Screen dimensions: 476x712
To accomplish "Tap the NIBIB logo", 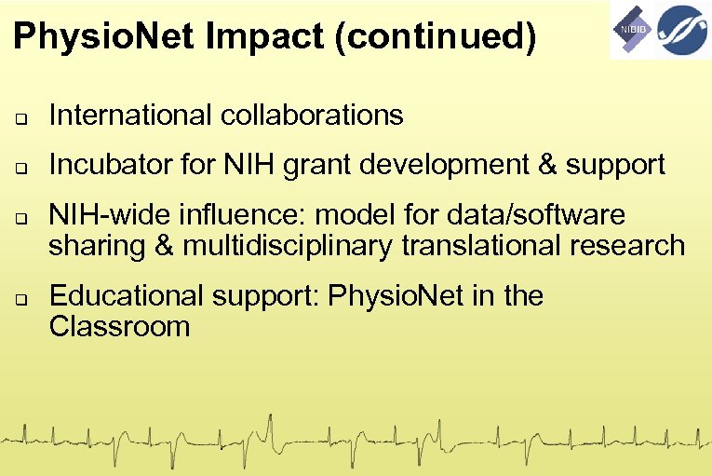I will [632, 30].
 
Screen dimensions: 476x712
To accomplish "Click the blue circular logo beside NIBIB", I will [682, 30].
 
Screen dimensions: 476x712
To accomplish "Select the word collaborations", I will [313, 116].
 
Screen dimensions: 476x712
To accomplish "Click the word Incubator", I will [102, 166].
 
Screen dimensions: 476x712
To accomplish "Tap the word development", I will [445, 166].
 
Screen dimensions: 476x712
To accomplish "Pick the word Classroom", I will [119, 326].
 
